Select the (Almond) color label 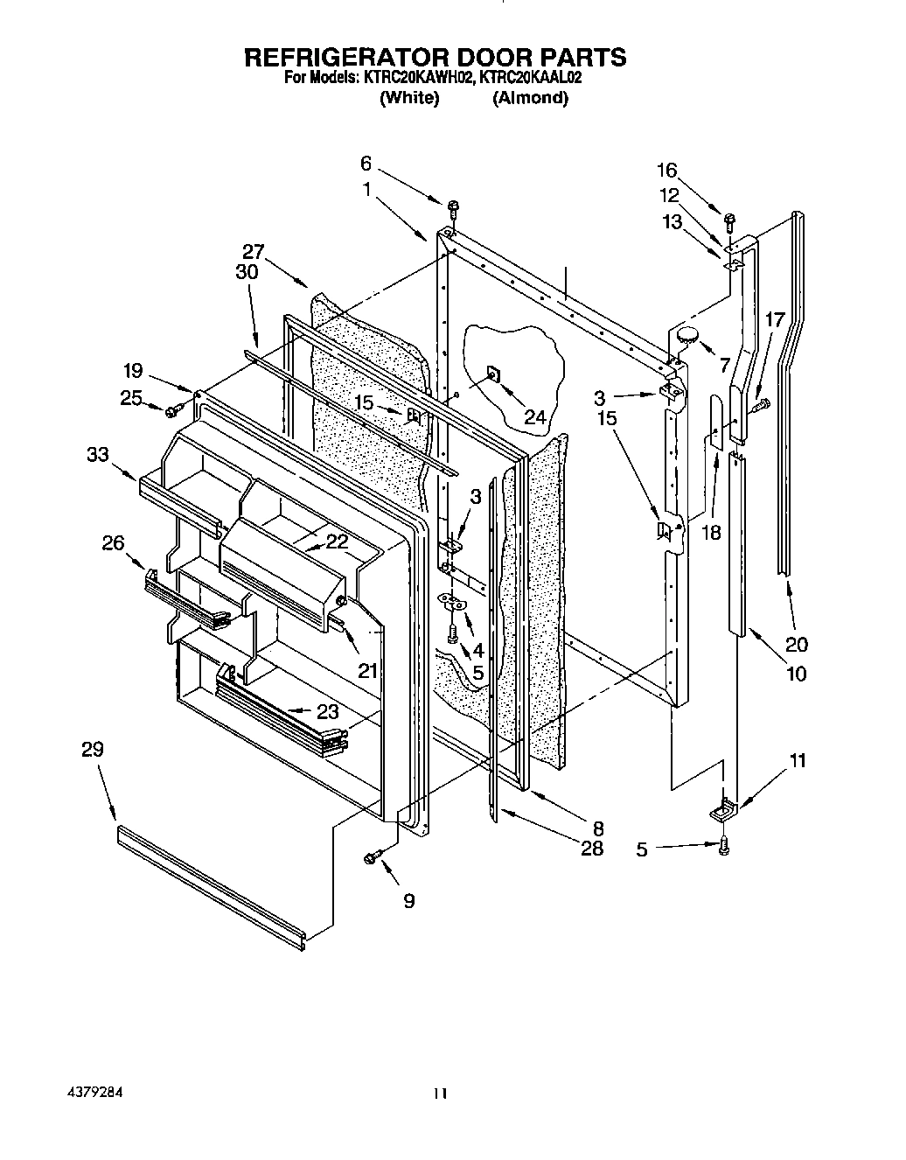[530, 98]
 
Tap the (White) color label [408, 98]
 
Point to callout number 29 [93, 750]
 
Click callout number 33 [97, 454]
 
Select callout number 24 [534, 416]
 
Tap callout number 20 [797, 645]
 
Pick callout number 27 [253, 250]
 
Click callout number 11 [797, 760]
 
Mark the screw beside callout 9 [371, 859]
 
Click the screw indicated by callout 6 [453, 208]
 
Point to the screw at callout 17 [759, 403]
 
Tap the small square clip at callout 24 [492, 375]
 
